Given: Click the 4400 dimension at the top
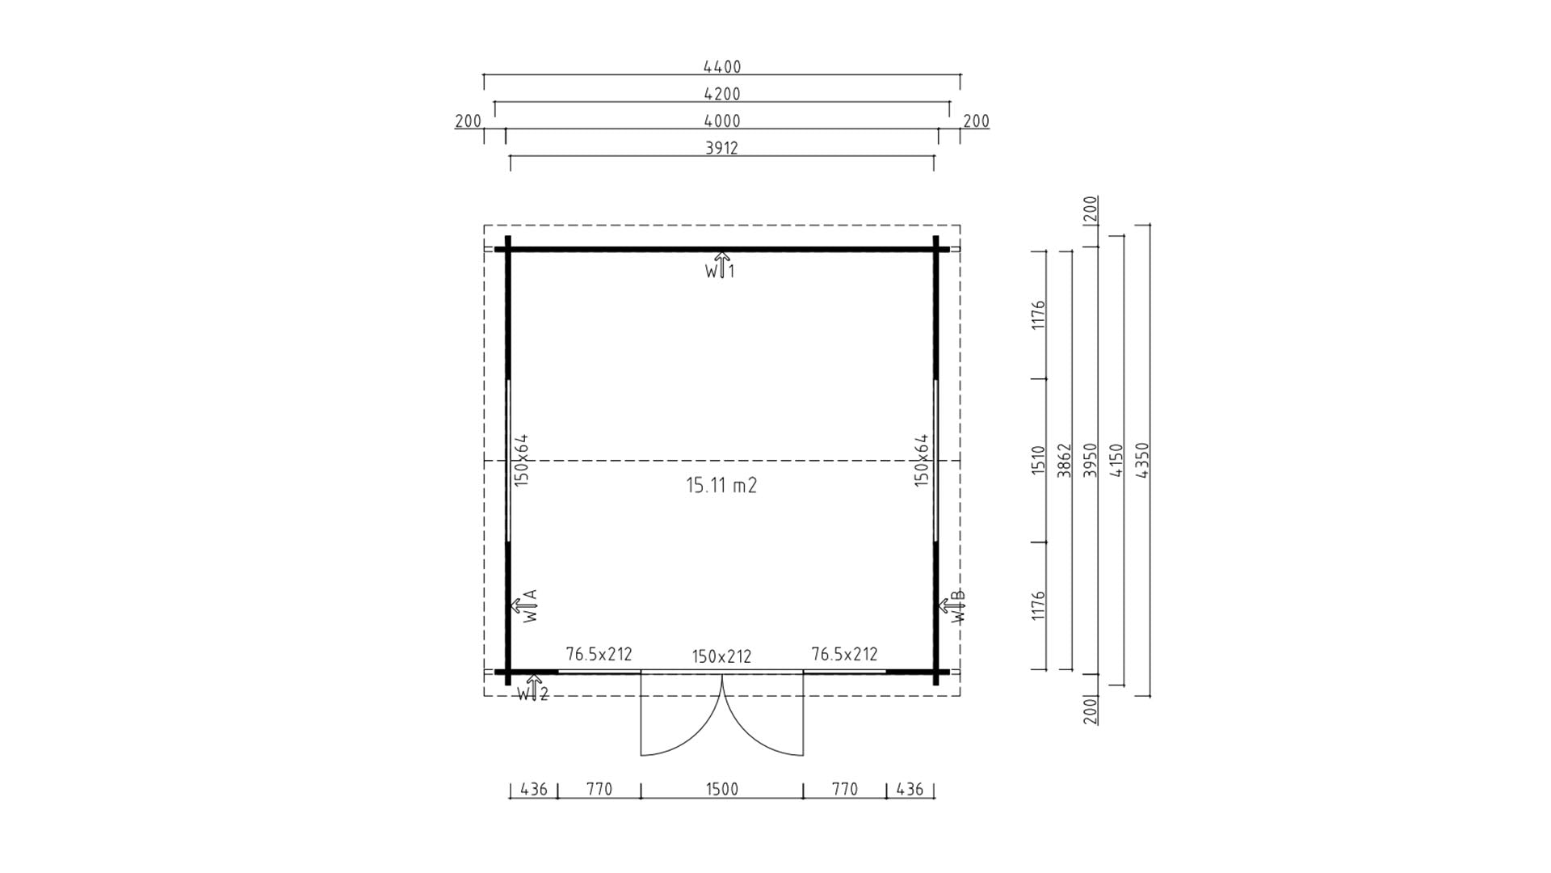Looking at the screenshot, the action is click(x=721, y=67).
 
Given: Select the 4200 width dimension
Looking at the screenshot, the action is click(x=721, y=94).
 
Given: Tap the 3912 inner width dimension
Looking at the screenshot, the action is click(x=721, y=148).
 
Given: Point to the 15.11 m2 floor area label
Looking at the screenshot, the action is click(x=721, y=485).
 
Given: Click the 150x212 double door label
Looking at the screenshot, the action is click(x=721, y=656).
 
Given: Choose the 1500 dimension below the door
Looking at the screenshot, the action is click(x=721, y=789).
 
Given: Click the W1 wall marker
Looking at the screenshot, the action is click(x=720, y=267).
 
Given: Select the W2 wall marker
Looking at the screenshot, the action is click(x=533, y=688).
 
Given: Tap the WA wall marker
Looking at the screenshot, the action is click(x=524, y=605).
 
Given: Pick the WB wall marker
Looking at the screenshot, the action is click(x=952, y=606).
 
